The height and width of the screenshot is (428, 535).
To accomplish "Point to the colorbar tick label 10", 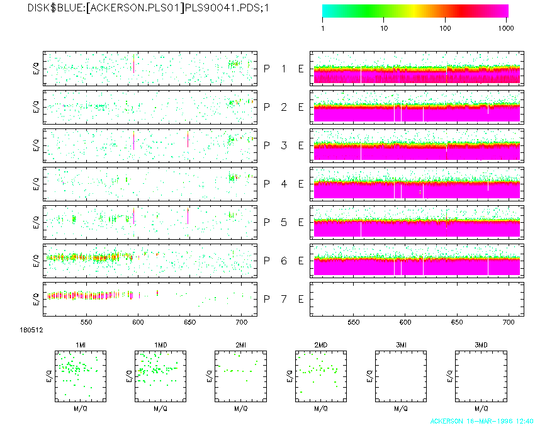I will [x=384, y=28].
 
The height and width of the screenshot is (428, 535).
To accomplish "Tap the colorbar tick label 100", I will [x=445, y=28].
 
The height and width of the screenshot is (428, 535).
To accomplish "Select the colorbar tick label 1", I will [x=323, y=28].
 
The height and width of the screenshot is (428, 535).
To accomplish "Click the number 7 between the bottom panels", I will [x=284, y=299].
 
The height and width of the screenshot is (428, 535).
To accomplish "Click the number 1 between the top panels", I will [x=284, y=69].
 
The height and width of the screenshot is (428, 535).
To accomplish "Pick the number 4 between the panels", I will [x=284, y=184].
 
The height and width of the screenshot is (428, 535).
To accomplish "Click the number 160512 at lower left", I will [x=29, y=329].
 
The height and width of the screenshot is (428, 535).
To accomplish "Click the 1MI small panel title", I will [x=81, y=345].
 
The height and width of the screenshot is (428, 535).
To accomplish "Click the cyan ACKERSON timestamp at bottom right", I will [x=482, y=420].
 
